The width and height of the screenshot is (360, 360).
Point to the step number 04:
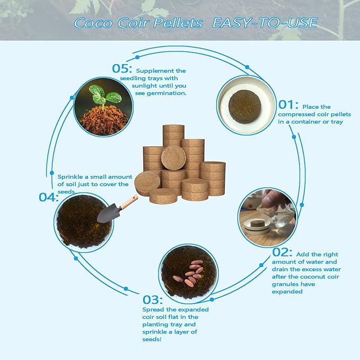click(49, 197)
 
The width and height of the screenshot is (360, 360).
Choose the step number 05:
click(122, 69)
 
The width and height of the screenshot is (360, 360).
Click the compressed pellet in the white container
click(244, 101)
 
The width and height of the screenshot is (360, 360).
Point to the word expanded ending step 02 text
click(287, 291)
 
